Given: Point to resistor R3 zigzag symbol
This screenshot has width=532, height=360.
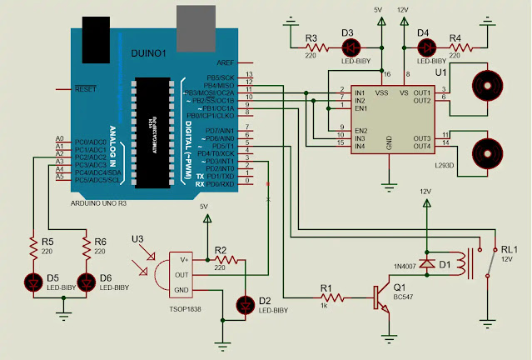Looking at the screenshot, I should point(314,48).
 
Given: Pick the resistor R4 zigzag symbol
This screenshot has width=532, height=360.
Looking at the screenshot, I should point(457,48).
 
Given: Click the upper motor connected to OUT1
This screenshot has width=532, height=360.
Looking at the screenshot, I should point(487,86).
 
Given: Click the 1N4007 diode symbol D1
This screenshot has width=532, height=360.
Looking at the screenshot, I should point(429,263).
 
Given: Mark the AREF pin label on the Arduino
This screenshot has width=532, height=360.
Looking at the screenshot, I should point(225,63).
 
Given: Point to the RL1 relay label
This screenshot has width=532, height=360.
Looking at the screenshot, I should point(509,249).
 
